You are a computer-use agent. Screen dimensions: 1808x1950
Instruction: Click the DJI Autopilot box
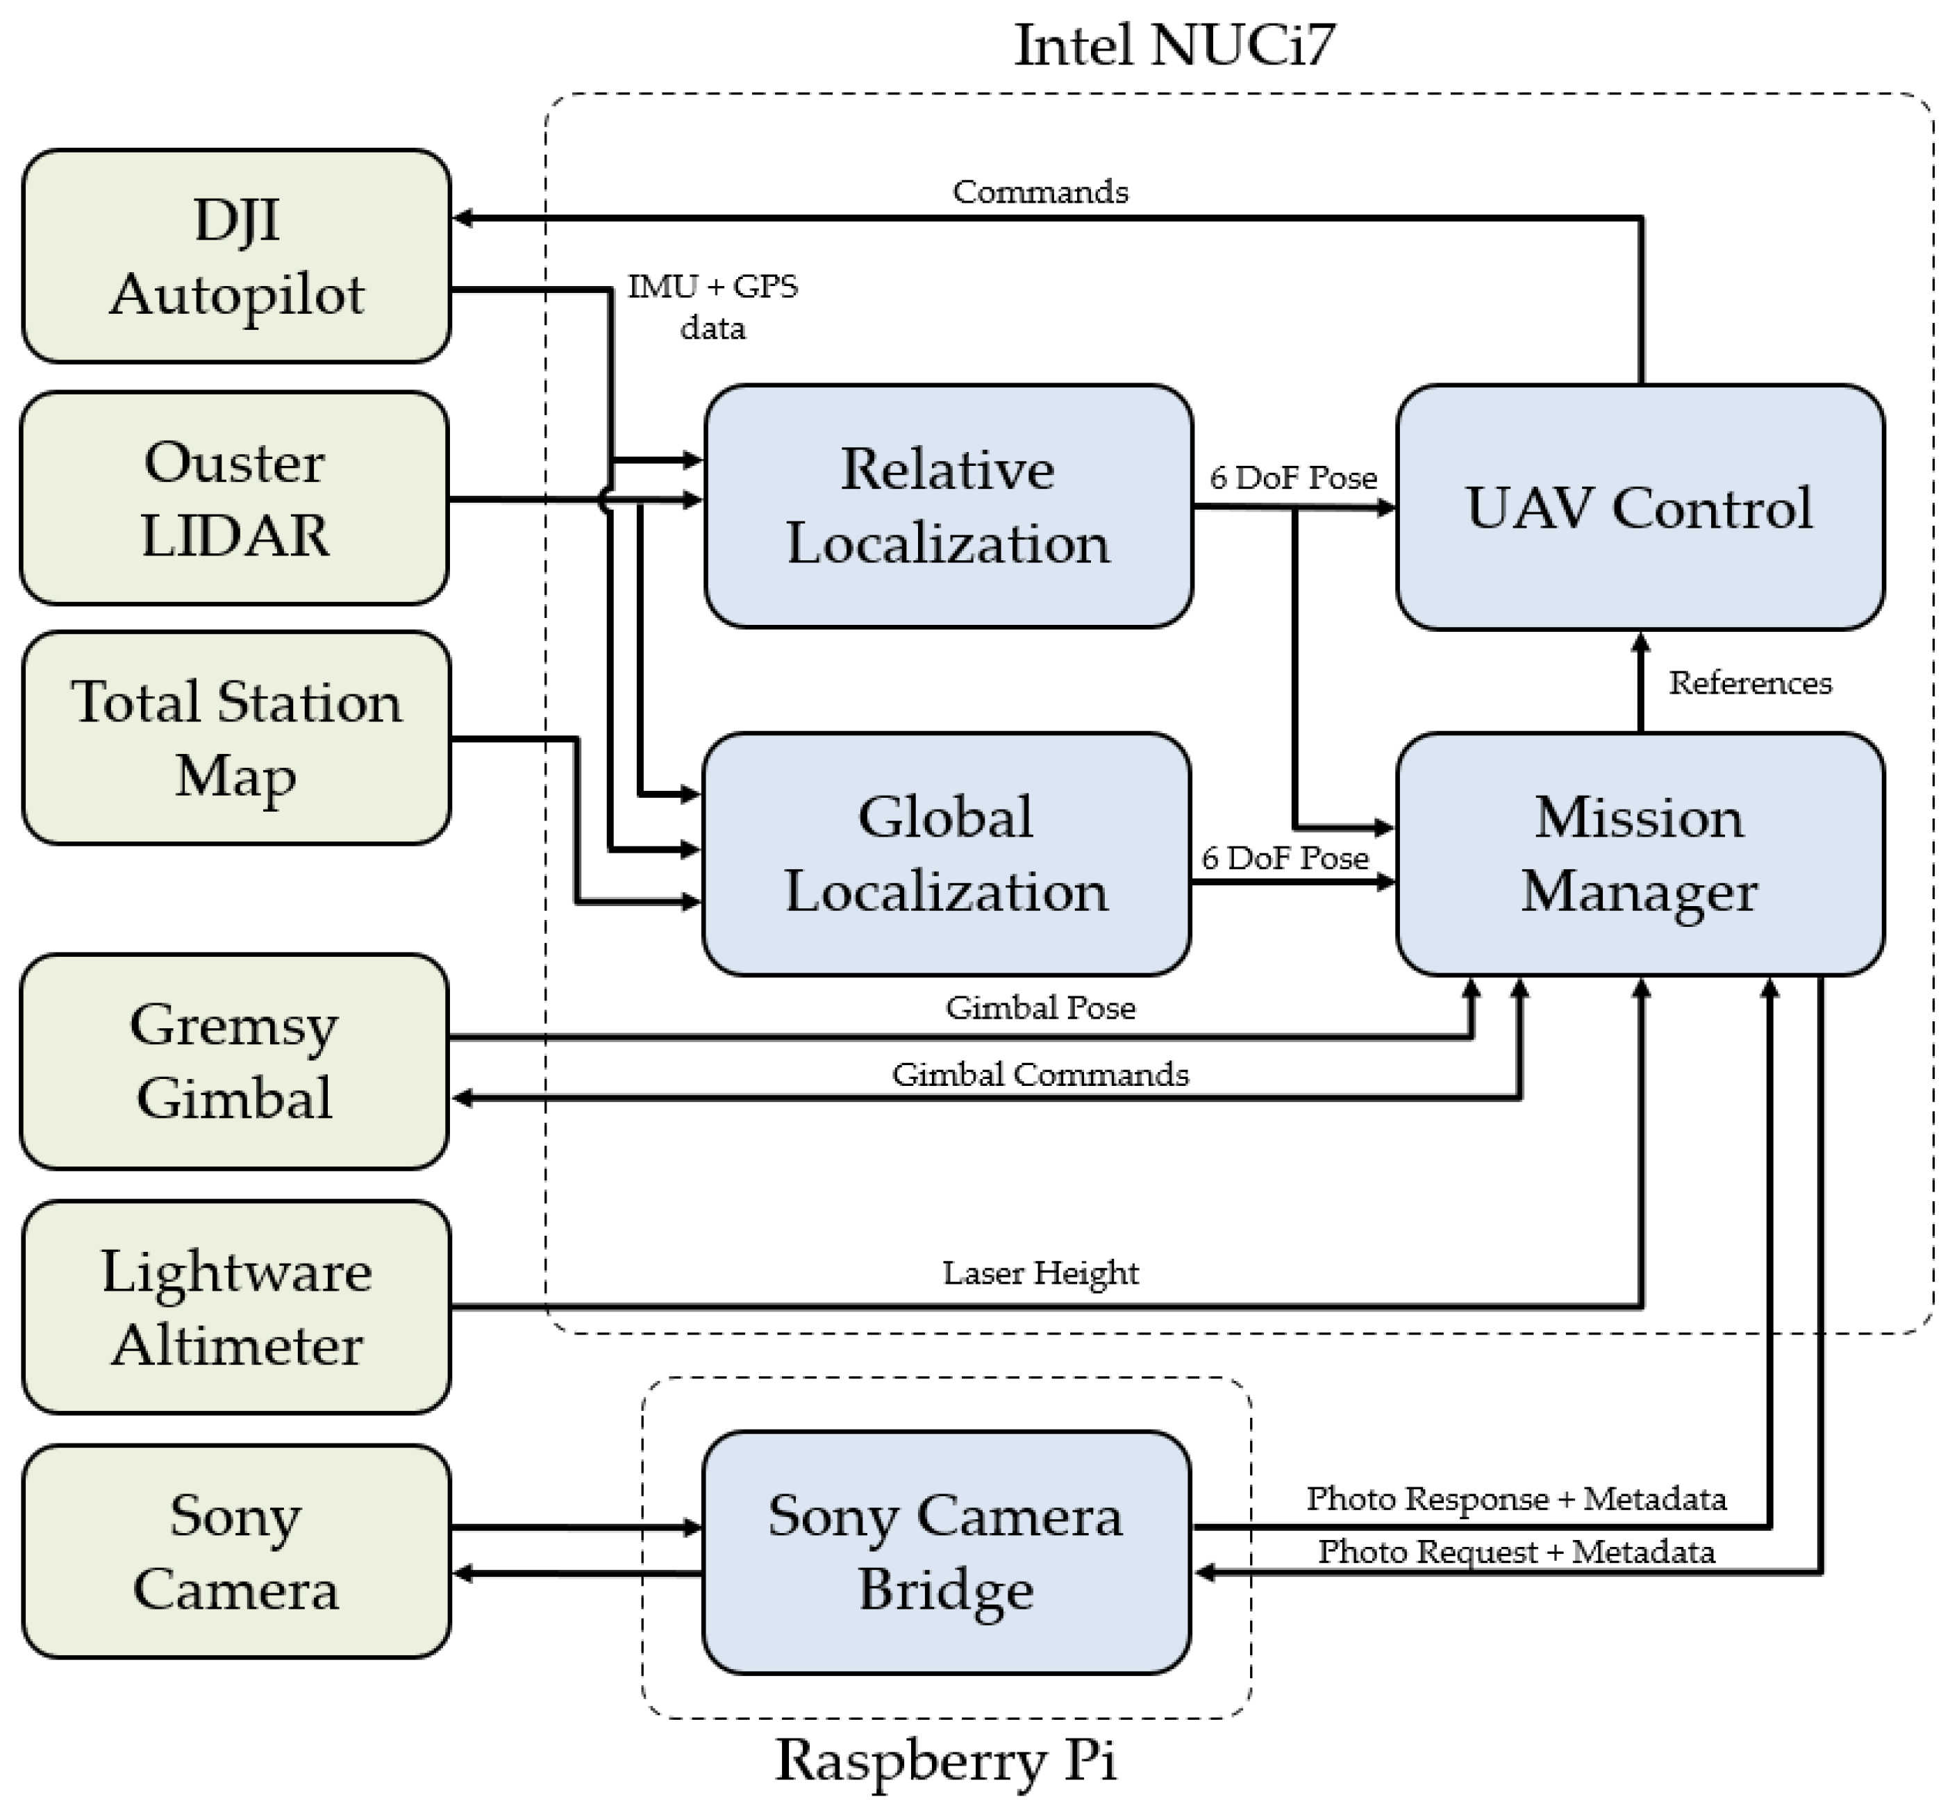click(236, 256)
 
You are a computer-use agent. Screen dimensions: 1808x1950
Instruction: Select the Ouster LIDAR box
click(235, 498)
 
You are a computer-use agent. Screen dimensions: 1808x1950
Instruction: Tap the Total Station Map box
click(236, 737)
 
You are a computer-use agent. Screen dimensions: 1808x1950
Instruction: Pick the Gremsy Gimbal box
click(235, 1062)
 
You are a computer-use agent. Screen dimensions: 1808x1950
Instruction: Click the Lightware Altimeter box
click(236, 1307)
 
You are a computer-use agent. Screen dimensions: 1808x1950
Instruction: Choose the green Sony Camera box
click(236, 1552)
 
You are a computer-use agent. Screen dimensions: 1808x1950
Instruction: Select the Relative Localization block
click(947, 505)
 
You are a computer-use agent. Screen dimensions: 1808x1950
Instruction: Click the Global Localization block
click(946, 854)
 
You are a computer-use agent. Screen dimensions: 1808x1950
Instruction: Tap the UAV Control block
click(1640, 507)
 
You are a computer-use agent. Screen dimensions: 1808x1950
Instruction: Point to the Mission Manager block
click(1640, 854)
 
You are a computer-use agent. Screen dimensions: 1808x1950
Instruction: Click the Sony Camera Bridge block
click(946, 1552)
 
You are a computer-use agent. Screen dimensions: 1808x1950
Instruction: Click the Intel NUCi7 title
click(1174, 45)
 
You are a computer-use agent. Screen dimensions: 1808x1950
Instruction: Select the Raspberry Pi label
click(945, 1760)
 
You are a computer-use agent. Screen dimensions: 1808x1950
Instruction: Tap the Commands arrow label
click(1040, 192)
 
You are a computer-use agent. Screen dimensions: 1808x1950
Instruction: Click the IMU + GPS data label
click(712, 307)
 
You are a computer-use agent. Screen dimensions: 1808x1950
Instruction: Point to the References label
click(1749, 683)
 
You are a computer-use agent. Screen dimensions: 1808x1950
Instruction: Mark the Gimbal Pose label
click(1040, 1007)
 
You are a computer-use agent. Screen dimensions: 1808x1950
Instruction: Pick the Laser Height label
click(1040, 1273)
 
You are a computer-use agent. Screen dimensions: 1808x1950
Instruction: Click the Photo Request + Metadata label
click(1515, 1552)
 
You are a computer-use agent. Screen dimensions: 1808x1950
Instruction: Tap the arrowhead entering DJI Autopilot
click(462, 218)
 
